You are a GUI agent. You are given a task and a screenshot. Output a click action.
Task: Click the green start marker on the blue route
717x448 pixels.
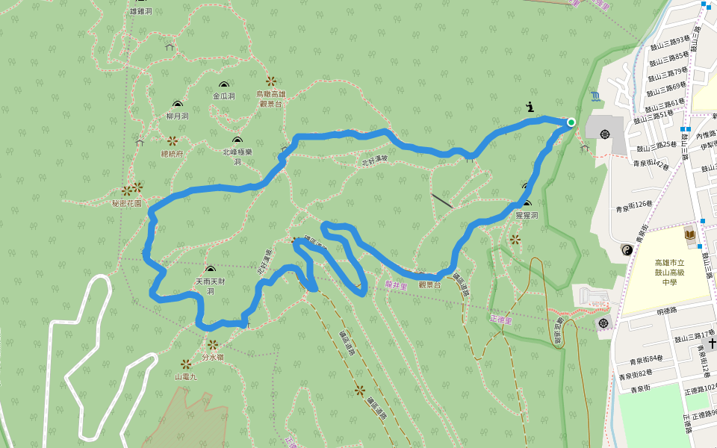[x=571, y=122]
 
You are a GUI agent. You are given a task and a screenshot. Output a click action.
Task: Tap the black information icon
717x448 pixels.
[x=530, y=107]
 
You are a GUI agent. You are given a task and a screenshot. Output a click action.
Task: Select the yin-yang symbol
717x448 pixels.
[x=626, y=249]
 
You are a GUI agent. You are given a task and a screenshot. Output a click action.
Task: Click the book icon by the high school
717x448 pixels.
[x=689, y=235]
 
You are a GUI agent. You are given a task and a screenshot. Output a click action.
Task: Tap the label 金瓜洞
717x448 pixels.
[x=223, y=96]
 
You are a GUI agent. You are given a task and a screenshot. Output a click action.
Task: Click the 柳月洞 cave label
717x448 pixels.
[x=177, y=116]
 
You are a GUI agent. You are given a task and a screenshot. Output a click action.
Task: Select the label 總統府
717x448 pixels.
[x=172, y=153]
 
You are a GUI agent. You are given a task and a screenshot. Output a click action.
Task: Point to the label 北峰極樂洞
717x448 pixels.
[x=238, y=156]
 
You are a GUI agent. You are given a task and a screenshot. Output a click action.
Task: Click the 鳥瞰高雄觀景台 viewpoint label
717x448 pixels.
[x=270, y=99]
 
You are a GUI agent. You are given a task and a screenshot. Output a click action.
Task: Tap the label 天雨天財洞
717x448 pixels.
[x=209, y=286]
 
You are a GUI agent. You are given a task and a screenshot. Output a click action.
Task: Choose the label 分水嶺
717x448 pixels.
[x=213, y=357]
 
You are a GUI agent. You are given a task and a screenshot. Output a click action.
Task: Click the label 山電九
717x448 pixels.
[x=185, y=376]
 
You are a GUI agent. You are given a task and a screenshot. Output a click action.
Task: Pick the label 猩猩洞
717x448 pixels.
[x=527, y=215]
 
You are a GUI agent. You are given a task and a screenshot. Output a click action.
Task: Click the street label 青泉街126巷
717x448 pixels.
[x=634, y=209]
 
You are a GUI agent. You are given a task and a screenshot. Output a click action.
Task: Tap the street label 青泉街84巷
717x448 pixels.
[x=641, y=358]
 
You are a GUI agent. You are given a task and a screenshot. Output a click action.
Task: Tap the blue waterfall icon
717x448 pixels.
[x=595, y=96]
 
